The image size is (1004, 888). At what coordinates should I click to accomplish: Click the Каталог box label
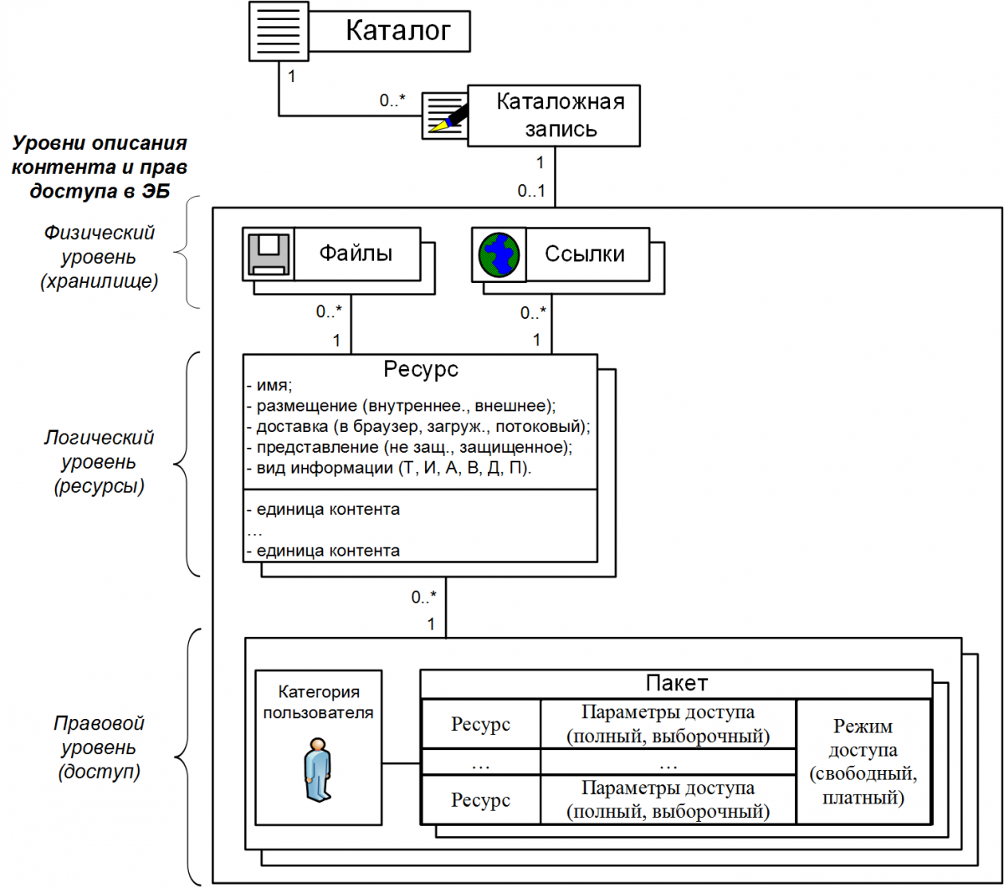coord(398,31)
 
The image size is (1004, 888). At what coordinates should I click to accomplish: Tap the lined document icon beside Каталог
coord(279,31)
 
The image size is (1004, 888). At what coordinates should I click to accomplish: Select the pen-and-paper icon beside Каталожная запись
coord(445,115)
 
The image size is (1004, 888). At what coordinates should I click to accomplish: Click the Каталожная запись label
coord(561,115)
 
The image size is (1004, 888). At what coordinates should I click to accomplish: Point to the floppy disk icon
coord(268,254)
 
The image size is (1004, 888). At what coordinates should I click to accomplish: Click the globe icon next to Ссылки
coord(499,254)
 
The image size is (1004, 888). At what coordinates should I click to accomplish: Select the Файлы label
coord(356,254)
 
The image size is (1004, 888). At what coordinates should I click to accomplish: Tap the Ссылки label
coord(585,254)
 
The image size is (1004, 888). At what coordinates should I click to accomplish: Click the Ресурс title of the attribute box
coord(421,369)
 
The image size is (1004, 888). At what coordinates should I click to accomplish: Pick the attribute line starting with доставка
coord(418,426)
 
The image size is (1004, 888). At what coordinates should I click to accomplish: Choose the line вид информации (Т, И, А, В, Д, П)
coord(389,468)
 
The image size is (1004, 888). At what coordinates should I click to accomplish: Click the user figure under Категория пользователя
coord(317,769)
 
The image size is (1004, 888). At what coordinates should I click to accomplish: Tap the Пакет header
coord(676,683)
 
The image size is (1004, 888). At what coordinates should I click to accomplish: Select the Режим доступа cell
coord(863,762)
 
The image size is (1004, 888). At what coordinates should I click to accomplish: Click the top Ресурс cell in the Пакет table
coord(480,724)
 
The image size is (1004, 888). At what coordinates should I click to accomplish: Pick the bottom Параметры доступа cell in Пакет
coord(668,800)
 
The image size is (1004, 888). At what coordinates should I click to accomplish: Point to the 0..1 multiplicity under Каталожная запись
coord(531,191)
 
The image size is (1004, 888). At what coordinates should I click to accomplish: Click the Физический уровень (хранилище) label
coord(99,257)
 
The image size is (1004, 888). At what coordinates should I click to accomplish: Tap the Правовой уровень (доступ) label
coord(99,747)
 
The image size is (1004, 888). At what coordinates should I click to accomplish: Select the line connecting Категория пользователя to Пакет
coord(401,763)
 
